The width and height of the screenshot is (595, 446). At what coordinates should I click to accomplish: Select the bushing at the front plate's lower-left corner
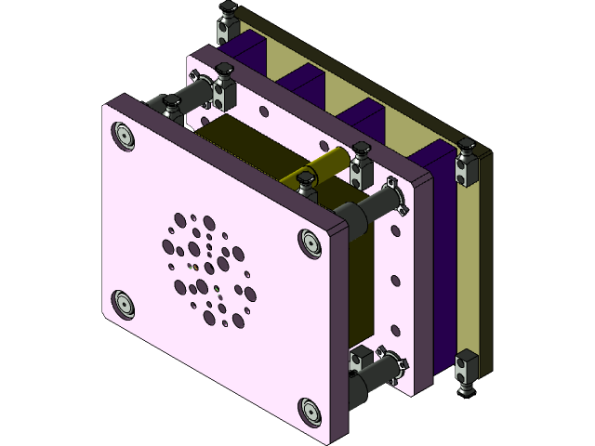coord(123,303)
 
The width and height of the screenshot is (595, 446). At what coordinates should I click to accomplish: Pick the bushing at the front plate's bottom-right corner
coord(309,408)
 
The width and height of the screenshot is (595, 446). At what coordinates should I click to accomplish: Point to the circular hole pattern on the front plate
coord(206,269)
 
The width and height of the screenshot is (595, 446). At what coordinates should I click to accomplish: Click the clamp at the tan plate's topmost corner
coord(226,20)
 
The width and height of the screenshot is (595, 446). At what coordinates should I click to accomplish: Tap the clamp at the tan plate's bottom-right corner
coord(468,369)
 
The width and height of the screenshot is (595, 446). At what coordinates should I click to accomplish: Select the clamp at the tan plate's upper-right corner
coord(467,158)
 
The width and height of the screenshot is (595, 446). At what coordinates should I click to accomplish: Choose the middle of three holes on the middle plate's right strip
coord(399,279)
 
